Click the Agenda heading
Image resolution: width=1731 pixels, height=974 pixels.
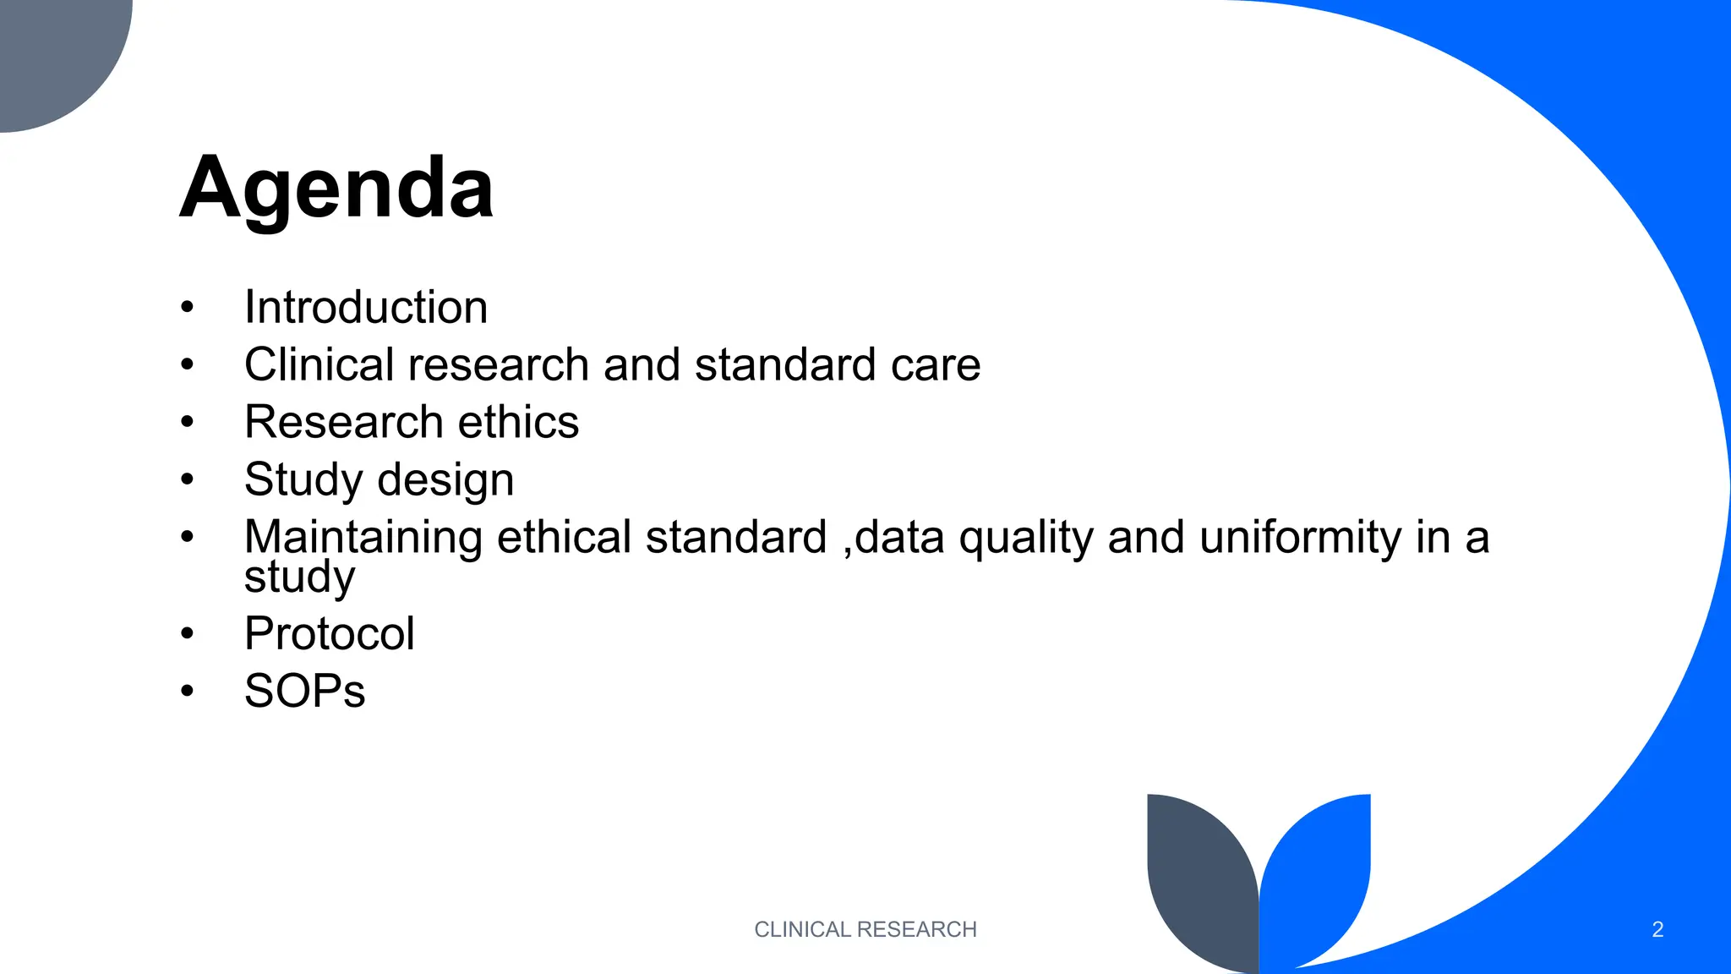[336, 188]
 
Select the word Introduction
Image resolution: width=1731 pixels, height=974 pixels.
[366, 307]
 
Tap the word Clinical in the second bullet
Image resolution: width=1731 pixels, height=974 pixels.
[319, 364]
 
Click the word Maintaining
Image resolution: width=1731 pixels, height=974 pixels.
[363, 538]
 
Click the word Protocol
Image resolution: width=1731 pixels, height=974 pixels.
[330, 633]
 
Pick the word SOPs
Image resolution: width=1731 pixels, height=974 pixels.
[304, 691]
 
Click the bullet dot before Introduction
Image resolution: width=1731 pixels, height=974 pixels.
[187, 308]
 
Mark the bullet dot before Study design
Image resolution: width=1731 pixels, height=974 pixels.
[187, 480]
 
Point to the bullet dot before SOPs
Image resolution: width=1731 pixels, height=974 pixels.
[187, 692]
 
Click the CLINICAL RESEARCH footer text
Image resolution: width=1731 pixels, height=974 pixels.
[865, 929]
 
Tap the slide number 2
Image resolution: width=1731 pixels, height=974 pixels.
[1657, 930]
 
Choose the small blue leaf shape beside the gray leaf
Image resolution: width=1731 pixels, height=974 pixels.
[1319, 871]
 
